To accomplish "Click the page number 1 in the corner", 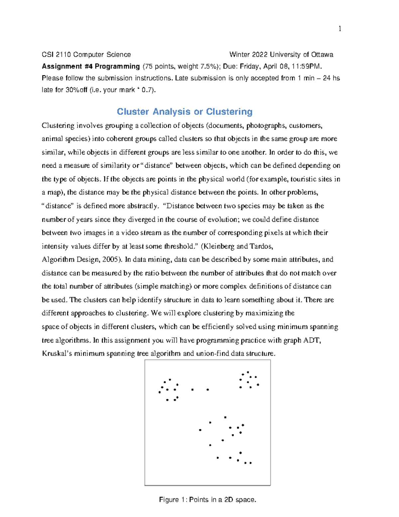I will pyautogui.click(x=339, y=29).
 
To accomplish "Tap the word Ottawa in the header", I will pyautogui.click(x=322, y=55).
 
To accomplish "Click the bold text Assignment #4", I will pyautogui.click(x=67, y=66).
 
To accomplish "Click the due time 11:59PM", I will pyautogui.click(x=307, y=66).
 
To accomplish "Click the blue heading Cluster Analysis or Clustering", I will pyautogui.click(x=185, y=112).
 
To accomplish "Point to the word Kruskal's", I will pyautogui.click(x=57, y=354).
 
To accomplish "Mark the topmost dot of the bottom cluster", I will pyautogui.click(x=225, y=417).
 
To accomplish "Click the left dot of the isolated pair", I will pyautogui.click(x=193, y=389).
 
